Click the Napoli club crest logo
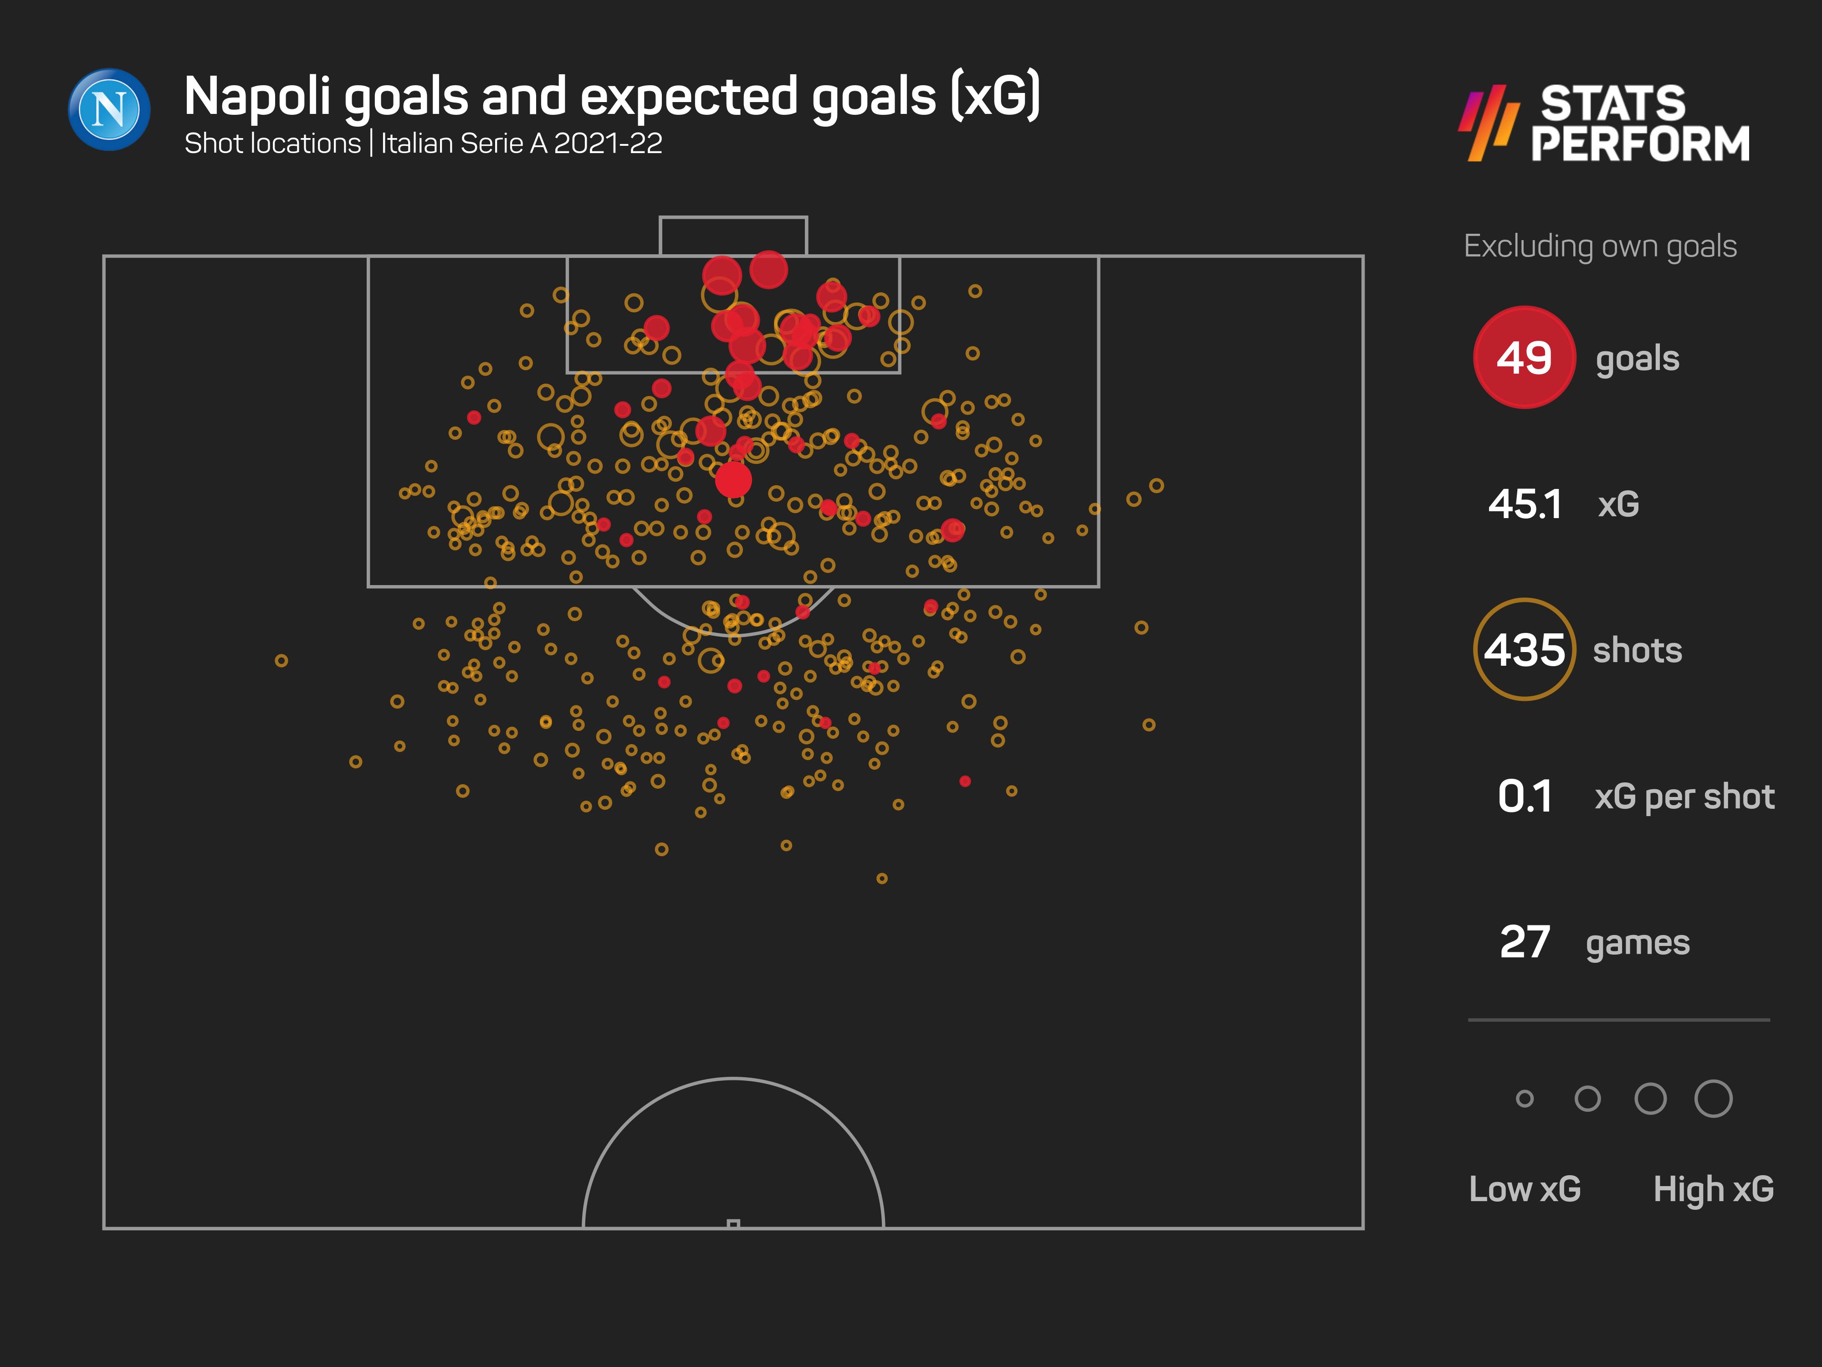point(109,110)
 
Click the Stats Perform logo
point(1605,123)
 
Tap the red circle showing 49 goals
point(1524,358)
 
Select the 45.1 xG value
point(1525,504)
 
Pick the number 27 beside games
point(1525,942)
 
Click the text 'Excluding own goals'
point(1600,247)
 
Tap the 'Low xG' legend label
point(1525,1189)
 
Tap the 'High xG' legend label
point(1713,1189)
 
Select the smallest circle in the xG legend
point(1525,1098)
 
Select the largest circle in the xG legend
point(1713,1098)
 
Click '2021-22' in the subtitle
point(608,144)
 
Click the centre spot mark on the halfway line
point(733,1223)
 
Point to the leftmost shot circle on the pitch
point(281,661)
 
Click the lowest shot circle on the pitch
point(881,879)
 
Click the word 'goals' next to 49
point(1637,359)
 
